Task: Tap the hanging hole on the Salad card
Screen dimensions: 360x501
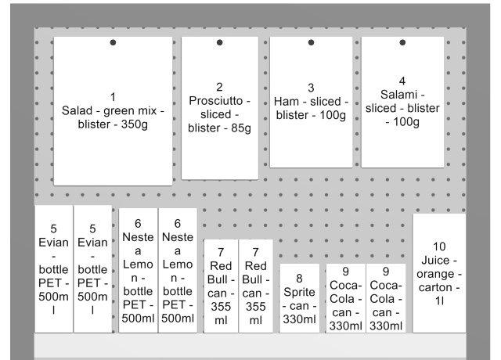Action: click(113, 42)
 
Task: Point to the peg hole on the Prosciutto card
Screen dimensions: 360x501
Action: click(219, 42)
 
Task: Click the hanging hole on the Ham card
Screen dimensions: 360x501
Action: click(311, 42)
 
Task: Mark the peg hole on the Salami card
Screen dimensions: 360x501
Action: click(402, 42)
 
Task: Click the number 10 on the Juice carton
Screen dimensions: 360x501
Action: click(439, 246)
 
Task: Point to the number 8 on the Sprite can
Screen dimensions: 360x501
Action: click(299, 278)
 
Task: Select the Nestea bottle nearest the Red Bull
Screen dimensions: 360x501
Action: click(178, 270)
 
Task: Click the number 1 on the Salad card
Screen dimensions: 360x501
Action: click(113, 97)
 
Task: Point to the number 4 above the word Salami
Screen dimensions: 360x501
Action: click(402, 81)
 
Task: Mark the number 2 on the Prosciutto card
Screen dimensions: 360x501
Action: click(219, 87)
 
